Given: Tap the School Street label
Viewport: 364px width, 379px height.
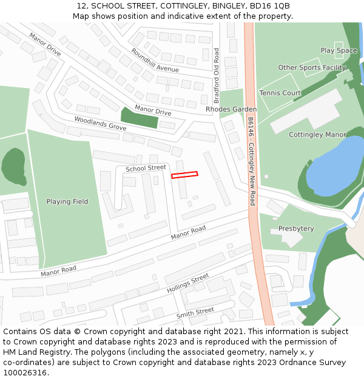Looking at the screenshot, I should [146, 168].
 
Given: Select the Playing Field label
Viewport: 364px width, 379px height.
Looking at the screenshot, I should [67, 201].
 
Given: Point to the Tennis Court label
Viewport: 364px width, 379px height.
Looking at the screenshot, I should [280, 93].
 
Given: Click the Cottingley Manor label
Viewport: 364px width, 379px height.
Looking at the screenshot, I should [317, 135].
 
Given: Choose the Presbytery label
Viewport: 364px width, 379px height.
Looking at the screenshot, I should [296, 229].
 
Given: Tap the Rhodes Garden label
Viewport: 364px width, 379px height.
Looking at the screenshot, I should [231, 109].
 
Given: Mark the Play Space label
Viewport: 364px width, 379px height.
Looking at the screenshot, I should [339, 50].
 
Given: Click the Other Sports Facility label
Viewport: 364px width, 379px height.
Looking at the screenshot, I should [312, 67].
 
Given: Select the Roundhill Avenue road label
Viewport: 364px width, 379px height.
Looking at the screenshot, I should [154, 61].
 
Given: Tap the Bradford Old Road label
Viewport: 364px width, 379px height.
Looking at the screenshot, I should [217, 76].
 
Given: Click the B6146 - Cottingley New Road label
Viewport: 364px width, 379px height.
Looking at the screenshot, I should [251, 161].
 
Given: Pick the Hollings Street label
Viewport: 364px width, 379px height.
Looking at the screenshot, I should [187, 283].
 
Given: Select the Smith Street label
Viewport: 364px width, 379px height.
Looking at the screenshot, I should [195, 313].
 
